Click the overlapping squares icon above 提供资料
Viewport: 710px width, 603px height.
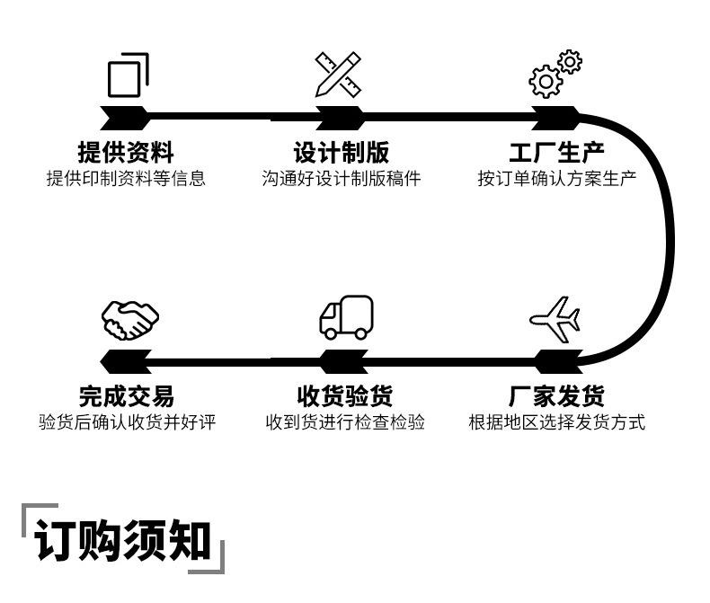(x=128, y=75)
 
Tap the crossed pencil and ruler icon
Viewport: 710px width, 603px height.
(x=338, y=75)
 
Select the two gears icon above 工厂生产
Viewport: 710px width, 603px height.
(x=555, y=75)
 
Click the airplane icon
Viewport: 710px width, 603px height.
(x=555, y=318)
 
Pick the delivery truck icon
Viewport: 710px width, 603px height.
(x=346, y=317)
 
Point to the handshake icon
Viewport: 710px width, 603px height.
(x=129, y=318)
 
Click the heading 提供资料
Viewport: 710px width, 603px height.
(x=126, y=152)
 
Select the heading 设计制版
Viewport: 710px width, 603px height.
(x=342, y=152)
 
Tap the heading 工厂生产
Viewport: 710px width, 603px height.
(x=556, y=152)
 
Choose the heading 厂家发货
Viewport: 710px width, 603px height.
(x=556, y=395)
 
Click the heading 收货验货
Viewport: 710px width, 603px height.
(x=344, y=395)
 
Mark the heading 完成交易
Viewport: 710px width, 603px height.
(x=126, y=395)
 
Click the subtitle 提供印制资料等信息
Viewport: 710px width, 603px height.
(x=126, y=178)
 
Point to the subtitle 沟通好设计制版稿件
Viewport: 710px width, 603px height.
(x=342, y=178)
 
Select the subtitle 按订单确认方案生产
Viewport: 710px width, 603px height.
(x=556, y=178)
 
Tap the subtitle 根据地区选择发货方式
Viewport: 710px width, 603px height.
(x=556, y=421)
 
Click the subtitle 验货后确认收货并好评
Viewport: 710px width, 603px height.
(x=127, y=421)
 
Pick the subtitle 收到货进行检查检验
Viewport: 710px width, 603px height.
(x=344, y=421)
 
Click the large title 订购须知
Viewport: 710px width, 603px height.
(x=123, y=540)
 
